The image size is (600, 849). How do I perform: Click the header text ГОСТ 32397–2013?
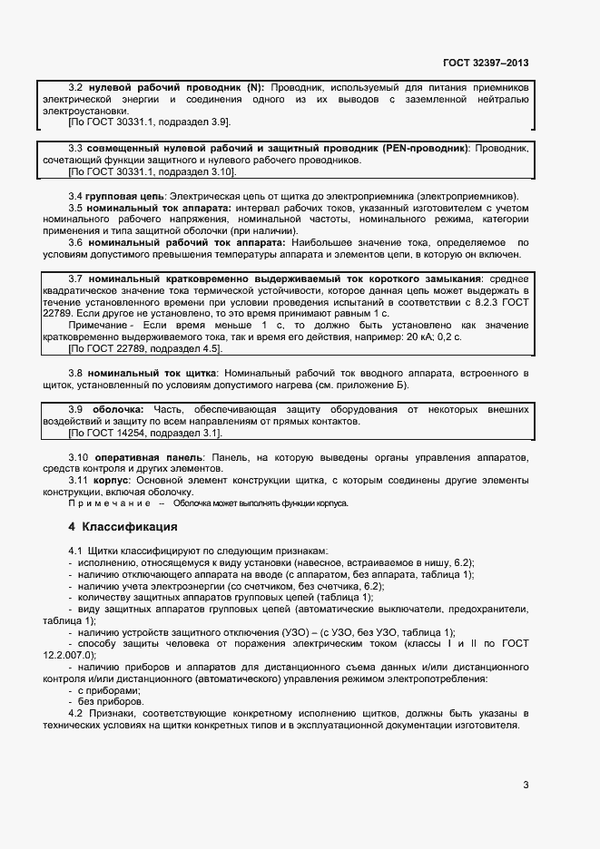click(486, 63)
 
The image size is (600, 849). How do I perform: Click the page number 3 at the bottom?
click(526, 786)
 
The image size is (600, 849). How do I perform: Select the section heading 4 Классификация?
click(123, 527)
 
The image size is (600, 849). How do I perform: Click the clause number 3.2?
click(77, 87)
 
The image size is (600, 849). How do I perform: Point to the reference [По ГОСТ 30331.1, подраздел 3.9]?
click(150, 122)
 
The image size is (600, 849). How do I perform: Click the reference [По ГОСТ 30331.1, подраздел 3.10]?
click(152, 171)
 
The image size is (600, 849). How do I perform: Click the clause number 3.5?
click(77, 208)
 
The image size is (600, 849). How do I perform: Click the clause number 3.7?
click(77, 278)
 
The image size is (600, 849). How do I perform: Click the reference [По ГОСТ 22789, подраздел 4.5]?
click(145, 348)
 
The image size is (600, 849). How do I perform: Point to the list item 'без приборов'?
click(112, 701)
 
